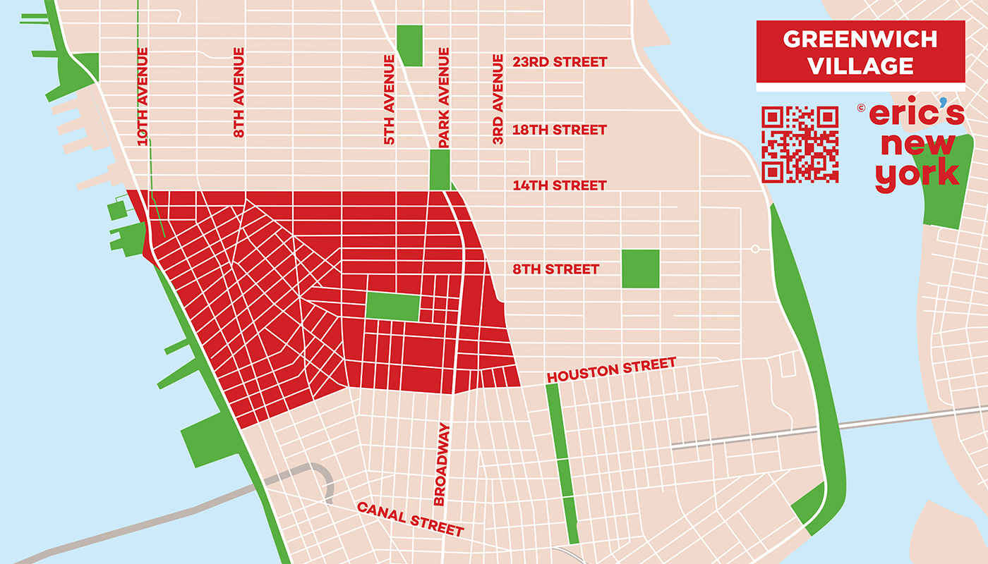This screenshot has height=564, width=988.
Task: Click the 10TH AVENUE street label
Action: click(x=143, y=97)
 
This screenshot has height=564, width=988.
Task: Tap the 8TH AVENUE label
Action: click(x=239, y=92)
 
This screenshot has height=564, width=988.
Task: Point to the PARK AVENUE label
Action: click(x=444, y=98)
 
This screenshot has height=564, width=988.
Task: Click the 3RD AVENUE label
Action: click(x=498, y=99)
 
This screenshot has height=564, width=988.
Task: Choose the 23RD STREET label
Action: click(x=559, y=62)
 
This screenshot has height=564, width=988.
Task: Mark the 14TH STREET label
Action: click(x=559, y=185)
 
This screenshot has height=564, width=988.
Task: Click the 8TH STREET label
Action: click(x=556, y=269)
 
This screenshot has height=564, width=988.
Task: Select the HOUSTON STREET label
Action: click(x=611, y=370)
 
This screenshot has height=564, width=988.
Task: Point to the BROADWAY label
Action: click(x=441, y=464)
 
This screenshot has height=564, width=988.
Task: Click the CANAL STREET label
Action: click(x=410, y=519)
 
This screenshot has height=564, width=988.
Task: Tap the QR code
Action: click(x=800, y=145)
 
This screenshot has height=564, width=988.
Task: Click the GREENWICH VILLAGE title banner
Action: click(x=860, y=52)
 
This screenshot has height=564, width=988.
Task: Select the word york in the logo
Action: click(x=917, y=175)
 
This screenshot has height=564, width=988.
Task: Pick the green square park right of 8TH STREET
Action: click(x=640, y=269)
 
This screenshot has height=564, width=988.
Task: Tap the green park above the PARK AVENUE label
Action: click(x=439, y=169)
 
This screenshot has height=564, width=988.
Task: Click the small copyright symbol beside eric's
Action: click(x=861, y=108)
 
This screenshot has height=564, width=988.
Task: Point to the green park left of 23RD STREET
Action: click(x=409, y=45)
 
